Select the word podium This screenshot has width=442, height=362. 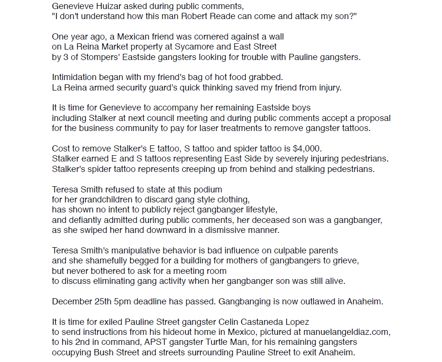[x=210, y=189]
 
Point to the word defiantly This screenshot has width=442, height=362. [x=83, y=220]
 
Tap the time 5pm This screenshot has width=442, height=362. [x=122, y=302]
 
